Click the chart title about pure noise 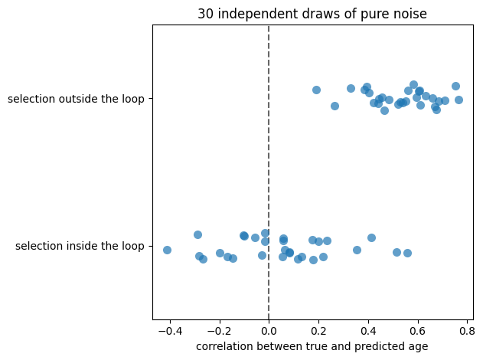tap(312, 14)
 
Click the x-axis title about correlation tap(312, 346)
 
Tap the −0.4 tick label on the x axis tap(170, 332)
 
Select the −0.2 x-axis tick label tap(220, 332)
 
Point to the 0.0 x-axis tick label tap(269, 332)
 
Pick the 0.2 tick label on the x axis tap(318, 332)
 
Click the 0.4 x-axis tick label tap(368, 332)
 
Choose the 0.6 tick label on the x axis tap(418, 332)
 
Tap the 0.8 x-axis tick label tap(467, 332)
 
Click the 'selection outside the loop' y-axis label tap(76, 99)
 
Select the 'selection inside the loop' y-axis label tap(80, 246)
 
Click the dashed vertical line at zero tap(269, 172)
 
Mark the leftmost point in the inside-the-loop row tap(168, 250)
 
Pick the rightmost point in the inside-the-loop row tap(407, 253)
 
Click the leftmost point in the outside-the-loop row tap(316, 90)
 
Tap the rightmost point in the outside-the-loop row tap(459, 100)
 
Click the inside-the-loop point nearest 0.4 tap(371, 237)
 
